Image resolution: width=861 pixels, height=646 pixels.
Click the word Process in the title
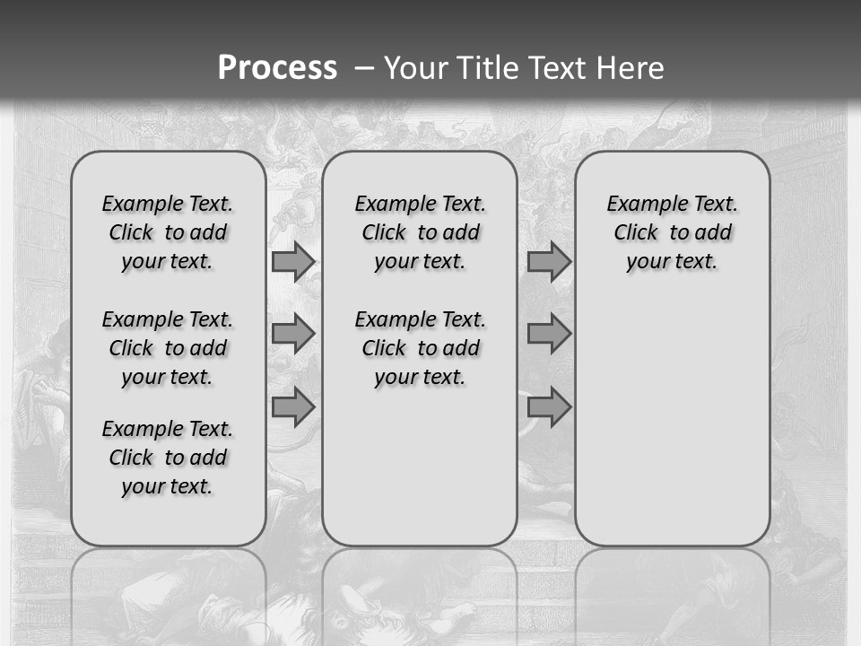[277, 67]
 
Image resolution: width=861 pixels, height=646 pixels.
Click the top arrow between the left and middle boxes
[292, 261]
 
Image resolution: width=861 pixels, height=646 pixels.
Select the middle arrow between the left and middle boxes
[292, 334]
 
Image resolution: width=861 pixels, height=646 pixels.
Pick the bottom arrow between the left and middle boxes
[292, 407]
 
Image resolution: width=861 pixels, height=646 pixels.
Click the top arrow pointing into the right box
[549, 261]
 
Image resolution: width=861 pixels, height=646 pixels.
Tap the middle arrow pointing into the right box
[549, 334]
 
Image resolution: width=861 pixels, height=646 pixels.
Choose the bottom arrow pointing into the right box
[549, 407]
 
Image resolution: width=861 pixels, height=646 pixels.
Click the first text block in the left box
[168, 232]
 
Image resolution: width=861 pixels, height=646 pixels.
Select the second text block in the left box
[168, 348]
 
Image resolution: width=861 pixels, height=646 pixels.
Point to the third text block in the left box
[168, 458]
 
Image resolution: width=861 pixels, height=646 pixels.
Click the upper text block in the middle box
[420, 232]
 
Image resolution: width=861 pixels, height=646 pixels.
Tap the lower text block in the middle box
[420, 348]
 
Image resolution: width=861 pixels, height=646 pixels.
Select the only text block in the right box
[672, 232]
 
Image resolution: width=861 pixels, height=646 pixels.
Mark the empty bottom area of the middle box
[420, 476]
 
